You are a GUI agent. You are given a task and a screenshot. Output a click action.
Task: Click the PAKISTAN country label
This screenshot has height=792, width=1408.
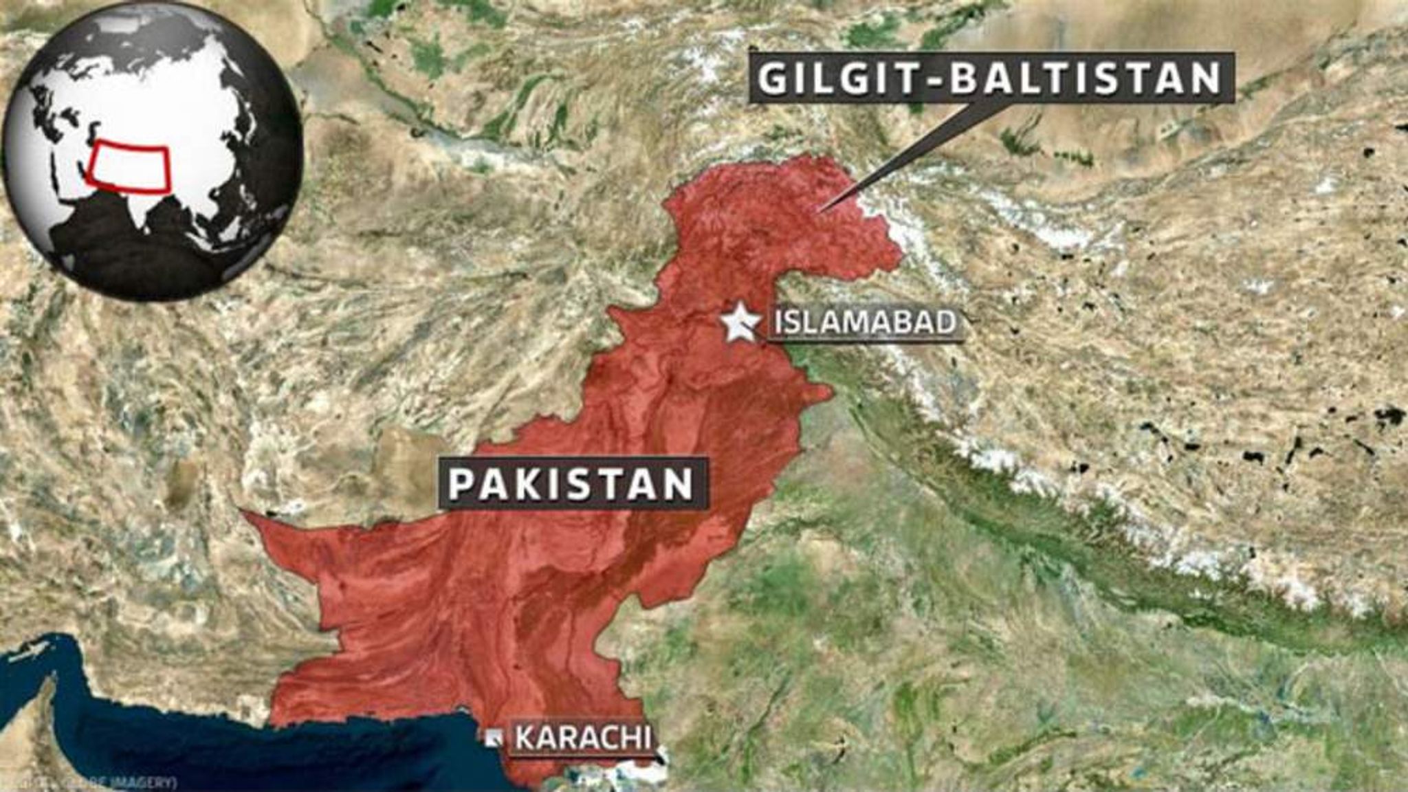tap(571, 484)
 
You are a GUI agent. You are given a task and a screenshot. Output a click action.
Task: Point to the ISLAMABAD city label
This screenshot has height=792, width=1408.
tap(865, 322)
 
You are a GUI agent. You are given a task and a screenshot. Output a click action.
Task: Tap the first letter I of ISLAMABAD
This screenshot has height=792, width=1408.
tap(779, 322)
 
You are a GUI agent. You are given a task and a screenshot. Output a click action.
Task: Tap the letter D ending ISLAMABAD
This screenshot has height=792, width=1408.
tap(946, 322)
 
